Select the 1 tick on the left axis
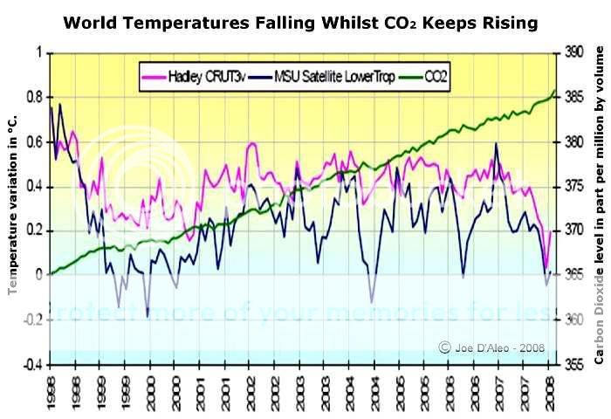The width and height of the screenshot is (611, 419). point(38,52)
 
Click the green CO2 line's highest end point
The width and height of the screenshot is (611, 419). point(555,91)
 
